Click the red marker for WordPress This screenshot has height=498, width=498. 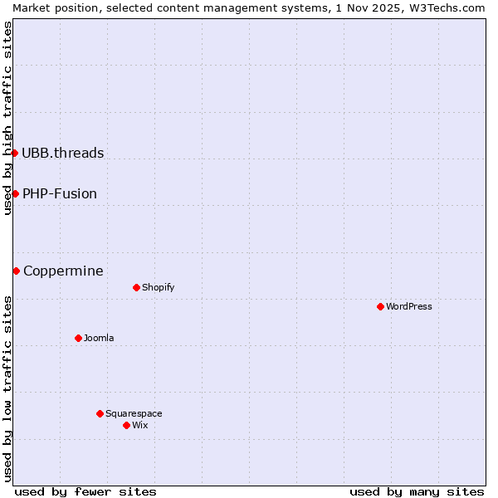(380, 306)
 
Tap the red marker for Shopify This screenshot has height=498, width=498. (136, 287)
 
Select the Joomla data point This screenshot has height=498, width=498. (78, 338)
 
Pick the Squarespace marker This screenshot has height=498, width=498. (100, 413)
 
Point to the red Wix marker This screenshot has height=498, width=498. (126, 425)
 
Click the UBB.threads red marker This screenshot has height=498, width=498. (14, 153)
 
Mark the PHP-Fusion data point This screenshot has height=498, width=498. (15, 193)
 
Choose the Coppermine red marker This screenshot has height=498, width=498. (16, 271)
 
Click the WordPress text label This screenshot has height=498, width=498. (409, 306)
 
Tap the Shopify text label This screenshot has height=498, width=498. (158, 287)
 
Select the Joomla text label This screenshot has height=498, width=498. (99, 338)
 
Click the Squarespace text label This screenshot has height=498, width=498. (134, 413)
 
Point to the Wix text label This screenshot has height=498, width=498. (139, 425)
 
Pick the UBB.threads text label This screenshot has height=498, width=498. (63, 153)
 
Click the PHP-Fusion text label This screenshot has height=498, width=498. (60, 193)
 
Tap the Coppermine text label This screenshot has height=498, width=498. (63, 271)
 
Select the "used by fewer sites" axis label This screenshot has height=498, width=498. (85, 491)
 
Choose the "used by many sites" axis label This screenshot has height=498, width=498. (417, 491)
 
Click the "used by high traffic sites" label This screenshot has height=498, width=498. (7, 118)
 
